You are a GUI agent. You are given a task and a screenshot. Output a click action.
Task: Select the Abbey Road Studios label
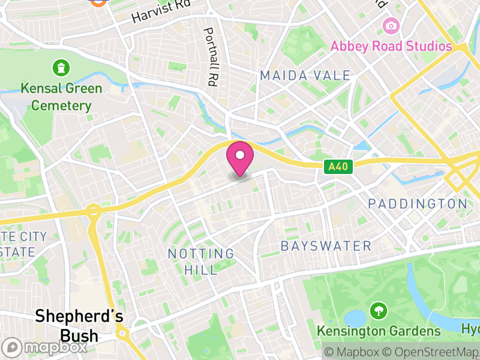point(390,46)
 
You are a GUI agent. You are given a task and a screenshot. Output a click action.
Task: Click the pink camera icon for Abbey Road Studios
point(391,25)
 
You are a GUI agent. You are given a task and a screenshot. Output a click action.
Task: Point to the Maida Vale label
point(305,76)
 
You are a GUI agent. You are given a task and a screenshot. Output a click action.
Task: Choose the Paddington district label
point(417,204)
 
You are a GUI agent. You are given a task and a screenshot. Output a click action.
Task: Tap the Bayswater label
point(326,246)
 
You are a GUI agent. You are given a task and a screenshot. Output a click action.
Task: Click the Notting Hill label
point(200,262)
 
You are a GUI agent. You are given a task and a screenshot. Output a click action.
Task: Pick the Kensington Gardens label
point(378,331)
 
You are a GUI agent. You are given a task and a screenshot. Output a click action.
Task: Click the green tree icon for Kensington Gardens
point(378,311)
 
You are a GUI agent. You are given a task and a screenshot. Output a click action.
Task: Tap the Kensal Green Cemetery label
point(61,97)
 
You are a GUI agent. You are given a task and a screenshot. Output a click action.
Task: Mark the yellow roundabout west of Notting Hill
point(94,211)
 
